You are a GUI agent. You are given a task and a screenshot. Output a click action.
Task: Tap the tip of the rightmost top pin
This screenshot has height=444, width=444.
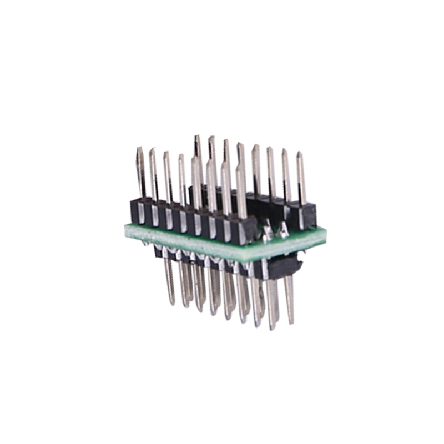pyautogui.click(x=300, y=154)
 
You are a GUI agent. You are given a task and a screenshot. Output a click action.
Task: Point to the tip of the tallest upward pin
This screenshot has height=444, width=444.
pyautogui.click(x=196, y=137)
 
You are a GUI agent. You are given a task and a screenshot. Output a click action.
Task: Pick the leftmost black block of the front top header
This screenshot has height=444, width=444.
pyautogui.click(x=138, y=211)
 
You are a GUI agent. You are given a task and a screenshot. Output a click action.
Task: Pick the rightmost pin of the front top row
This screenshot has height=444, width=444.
pyautogui.click(x=241, y=189)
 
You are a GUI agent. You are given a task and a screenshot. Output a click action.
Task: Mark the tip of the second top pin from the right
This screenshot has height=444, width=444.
pyautogui.click(x=285, y=151)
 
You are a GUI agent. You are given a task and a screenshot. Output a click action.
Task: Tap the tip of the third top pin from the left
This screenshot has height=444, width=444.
pyautogui.click(x=166, y=154)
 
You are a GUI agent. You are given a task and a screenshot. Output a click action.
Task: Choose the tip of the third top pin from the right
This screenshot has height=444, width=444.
pyautogui.click(x=270, y=149)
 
